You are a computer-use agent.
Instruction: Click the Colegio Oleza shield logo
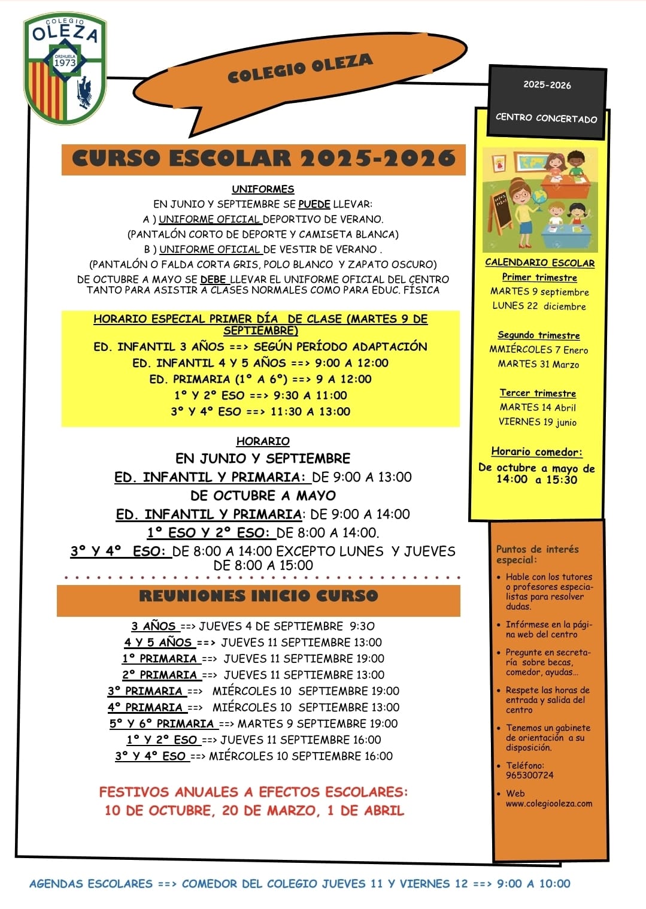coord(65,69)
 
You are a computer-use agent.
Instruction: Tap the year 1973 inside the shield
coord(65,62)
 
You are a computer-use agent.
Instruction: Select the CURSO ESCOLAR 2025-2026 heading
coord(263,159)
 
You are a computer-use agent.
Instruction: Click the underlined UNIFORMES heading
coord(263,189)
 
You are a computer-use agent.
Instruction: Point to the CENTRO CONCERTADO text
coord(546,118)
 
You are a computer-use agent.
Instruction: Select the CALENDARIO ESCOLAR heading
coord(539,262)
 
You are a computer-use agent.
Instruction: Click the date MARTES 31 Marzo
coord(538,364)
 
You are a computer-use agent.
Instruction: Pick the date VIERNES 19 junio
coord(538,422)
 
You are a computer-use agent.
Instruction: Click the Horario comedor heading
coord(536,452)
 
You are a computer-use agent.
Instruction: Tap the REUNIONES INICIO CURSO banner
coord(259,596)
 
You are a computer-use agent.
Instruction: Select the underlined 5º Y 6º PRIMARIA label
coord(162,723)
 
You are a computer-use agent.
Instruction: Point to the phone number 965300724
coord(530,775)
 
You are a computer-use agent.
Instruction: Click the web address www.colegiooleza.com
coord(548,804)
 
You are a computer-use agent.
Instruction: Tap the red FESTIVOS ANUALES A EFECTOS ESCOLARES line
coord(253,792)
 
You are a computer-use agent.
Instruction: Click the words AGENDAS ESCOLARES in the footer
coord(91,884)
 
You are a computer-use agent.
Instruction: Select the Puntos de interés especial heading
coord(537,555)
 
